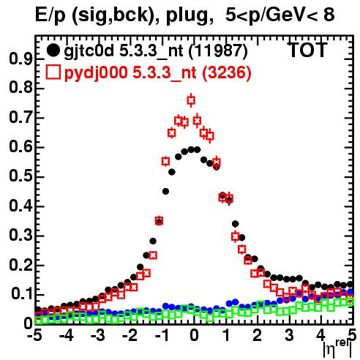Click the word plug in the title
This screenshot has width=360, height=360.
tap(188, 16)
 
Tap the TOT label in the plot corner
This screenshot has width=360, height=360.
tap(307, 50)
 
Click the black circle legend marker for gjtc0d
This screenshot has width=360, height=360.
tap(53, 50)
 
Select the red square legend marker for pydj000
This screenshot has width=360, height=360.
tap(53, 72)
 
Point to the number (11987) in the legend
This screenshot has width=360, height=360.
tap(218, 51)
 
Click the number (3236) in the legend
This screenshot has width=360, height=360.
tap(227, 72)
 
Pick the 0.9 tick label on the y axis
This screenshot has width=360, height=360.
tap(20, 59)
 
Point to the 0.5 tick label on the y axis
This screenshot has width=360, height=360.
tap(20, 177)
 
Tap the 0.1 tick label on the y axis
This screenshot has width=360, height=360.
tap(21, 295)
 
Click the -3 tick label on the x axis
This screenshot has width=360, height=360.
tap(98, 336)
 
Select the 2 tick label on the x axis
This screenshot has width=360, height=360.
tap(258, 336)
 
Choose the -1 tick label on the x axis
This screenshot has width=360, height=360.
tap(162, 336)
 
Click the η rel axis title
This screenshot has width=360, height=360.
tap(338, 349)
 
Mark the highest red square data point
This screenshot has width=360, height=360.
tap(191, 100)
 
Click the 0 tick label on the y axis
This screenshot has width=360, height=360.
tap(28, 324)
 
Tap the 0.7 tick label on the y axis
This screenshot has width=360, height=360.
tap(20, 118)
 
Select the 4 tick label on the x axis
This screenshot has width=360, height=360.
tap(321, 336)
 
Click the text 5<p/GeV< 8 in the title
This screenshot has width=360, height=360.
tap(280, 15)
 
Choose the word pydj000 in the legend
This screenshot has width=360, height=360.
tap(96, 73)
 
